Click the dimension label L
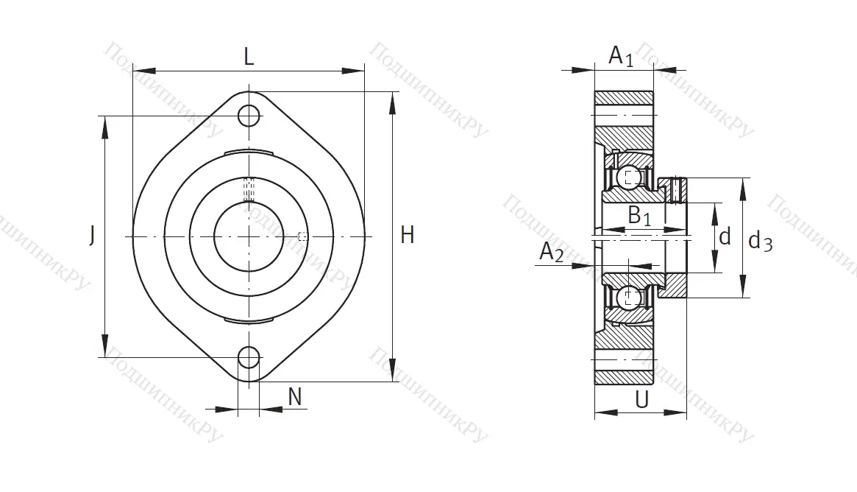[249, 56]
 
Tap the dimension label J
[93, 236]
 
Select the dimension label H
[408, 235]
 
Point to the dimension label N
[294, 396]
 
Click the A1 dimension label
[622, 56]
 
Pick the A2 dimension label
[551, 252]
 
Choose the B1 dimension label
[639, 216]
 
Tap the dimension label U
[642, 400]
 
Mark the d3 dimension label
[760, 240]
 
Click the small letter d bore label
[725, 236]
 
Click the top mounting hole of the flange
[249, 116]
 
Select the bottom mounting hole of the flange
[249, 357]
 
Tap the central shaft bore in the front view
[249, 236]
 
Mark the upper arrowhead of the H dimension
[392, 103]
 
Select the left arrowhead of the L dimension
[144, 71]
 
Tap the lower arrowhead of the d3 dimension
[743, 287]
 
